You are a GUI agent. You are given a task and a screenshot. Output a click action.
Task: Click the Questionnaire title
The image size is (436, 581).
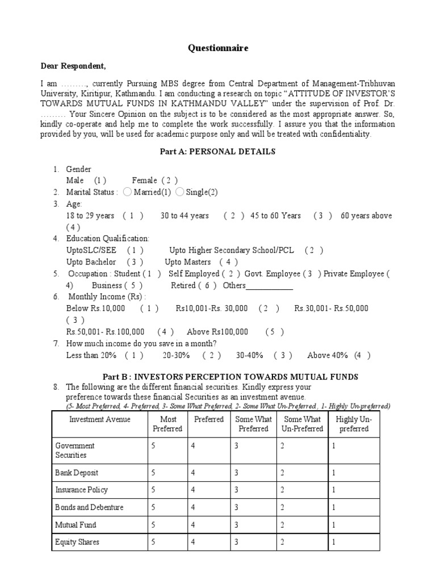(218, 48)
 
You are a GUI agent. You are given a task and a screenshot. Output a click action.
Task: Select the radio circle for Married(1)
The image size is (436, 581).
(127, 192)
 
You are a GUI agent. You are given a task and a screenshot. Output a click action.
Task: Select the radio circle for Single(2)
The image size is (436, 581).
(180, 192)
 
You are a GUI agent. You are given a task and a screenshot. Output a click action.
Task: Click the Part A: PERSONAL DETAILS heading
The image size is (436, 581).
(218, 151)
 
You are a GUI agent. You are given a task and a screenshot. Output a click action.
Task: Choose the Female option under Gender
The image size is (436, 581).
(144, 180)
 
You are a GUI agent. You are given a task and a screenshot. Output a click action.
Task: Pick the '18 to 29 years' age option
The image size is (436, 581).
(90, 216)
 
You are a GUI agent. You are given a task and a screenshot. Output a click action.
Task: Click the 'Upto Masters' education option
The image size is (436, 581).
(188, 262)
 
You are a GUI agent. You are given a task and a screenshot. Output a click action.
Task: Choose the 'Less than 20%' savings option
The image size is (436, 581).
(91, 355)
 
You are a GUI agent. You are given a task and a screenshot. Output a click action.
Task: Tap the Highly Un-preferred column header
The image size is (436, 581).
(354, 424)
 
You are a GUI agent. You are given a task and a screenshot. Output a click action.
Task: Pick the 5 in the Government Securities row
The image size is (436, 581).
(153, 446)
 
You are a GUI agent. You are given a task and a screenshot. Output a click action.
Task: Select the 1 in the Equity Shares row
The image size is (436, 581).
(334, 542)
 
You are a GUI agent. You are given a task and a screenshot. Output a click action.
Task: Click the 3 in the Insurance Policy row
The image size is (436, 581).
(237, 490)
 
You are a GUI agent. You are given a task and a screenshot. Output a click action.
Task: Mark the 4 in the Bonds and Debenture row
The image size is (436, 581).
(193, 507)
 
